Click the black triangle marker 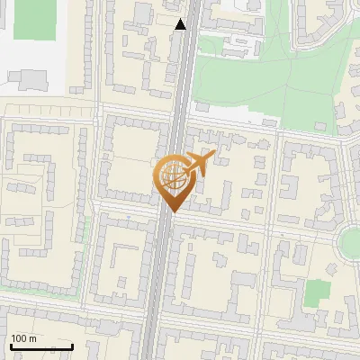coord(181,24)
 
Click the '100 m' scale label coord(22,338)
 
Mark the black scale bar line coord(40,346)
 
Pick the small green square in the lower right coord(316,293)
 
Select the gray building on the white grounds coord(32,79)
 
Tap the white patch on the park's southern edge coord(269,121)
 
